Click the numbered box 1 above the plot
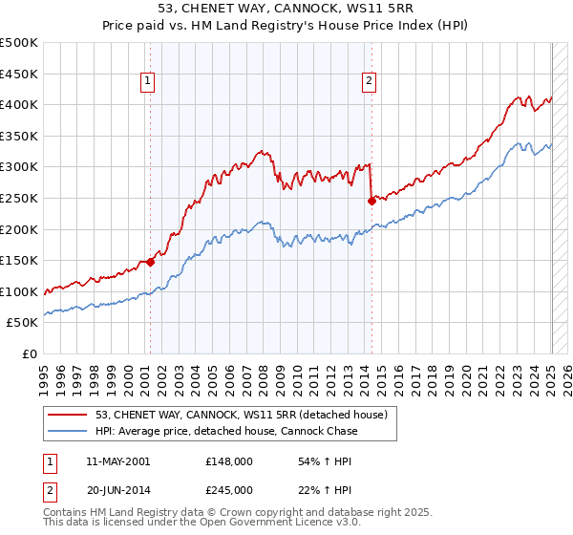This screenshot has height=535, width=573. [149, 82]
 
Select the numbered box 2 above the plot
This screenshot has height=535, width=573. [369, 82]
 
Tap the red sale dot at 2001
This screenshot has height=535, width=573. [150, 262]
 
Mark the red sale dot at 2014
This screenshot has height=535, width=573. [371, 201]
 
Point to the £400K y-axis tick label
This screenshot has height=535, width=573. [19, 104]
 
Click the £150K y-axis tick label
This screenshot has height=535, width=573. [19, 260]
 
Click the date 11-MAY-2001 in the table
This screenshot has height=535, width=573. [117, 461]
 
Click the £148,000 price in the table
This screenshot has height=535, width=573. [229, 461]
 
